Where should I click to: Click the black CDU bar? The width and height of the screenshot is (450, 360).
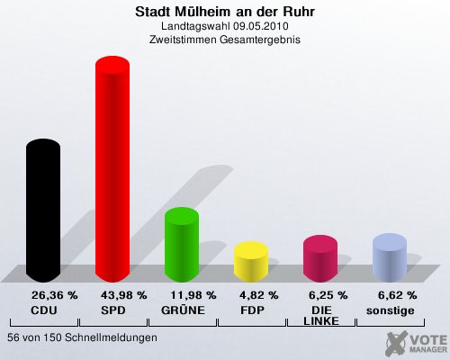click(43, 211)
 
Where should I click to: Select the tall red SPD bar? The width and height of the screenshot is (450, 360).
click(112, 169)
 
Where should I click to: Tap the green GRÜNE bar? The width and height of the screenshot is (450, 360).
click(182, 245)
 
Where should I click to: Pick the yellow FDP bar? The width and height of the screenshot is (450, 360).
click(251, 262)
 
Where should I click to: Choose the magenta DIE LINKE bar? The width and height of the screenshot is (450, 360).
click(320, 258)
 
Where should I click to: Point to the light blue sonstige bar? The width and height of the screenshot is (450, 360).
click(390, 257)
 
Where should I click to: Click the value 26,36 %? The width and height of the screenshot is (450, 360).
click(55, 295)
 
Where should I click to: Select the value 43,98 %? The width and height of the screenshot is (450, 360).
click(124, 295)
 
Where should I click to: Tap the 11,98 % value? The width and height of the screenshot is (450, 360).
click(193, 295)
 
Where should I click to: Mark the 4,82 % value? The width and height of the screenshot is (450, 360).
click(259, 295)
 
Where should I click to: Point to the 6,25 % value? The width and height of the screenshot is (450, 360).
click(328, 295)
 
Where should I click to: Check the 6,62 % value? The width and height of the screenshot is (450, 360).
click(398, 295)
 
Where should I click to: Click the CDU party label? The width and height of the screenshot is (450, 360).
click(44, 310)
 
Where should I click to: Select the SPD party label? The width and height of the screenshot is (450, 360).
click(113, 310)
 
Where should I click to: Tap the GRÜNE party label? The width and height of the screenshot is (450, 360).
click(183, 310)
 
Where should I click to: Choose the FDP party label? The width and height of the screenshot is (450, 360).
click(252, 310)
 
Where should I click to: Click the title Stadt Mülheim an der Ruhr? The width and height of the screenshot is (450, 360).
click(225, 12)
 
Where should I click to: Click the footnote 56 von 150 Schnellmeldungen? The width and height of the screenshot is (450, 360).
click(82, 337)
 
